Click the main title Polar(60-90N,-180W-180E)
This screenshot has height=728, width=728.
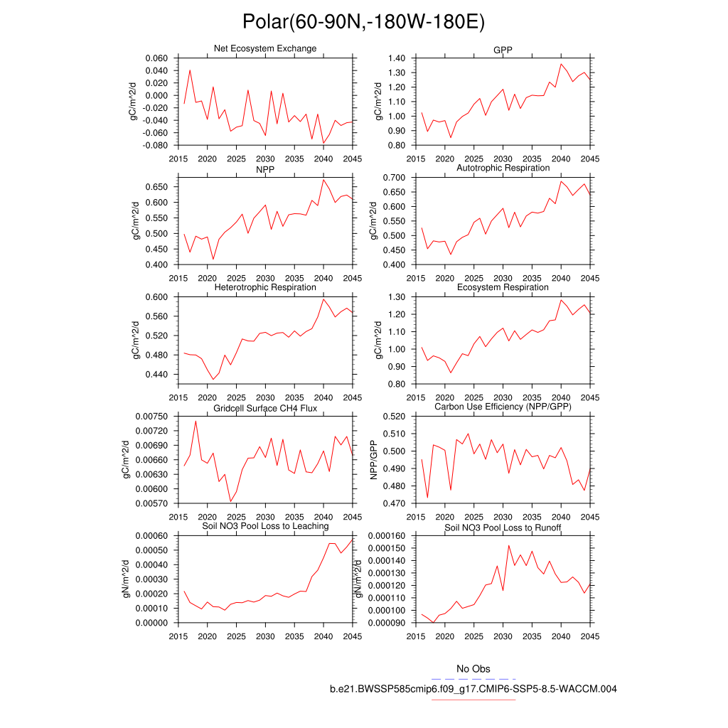[x=363, y=22]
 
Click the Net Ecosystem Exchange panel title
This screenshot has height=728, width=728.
[x=265, y=48]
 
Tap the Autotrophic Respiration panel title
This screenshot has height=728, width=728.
[x=503, y=168]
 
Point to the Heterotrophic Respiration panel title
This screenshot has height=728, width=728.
[x=265, y=287]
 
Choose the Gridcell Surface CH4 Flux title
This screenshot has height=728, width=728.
[x=265, y=407]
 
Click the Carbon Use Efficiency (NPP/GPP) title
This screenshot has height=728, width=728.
[x=503, y=407]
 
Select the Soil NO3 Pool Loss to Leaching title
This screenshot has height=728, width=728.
[x=265, y=526]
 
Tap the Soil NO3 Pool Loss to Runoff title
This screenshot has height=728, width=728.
[x=503, y=528]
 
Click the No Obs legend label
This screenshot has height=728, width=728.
[x=473, y=669]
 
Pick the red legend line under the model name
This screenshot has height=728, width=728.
[x=473, y=700]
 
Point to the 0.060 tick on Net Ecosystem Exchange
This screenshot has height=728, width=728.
[x=156, y=58]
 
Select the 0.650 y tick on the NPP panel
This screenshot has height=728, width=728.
[x=156, y=186]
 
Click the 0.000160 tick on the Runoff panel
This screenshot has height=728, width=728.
[x=387, y=536]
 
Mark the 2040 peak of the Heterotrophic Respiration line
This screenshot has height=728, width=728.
[x=323, y=299]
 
